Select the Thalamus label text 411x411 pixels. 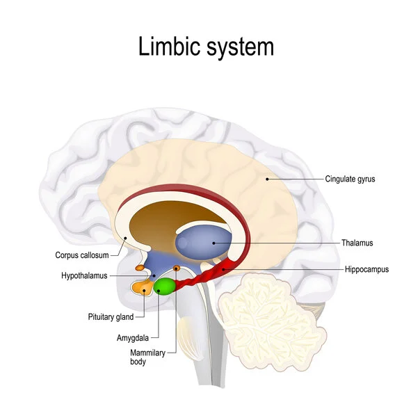coord(357,243)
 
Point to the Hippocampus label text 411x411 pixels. coord(366,268)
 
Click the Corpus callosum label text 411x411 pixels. coord(82,255)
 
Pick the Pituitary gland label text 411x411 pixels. coord(111,316)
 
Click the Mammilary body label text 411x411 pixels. coord(147,357)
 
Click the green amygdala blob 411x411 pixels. coord(165,286)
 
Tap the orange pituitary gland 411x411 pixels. coord(145,287)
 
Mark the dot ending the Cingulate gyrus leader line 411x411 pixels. coord(266,179)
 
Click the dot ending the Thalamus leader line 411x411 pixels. coord(213,243)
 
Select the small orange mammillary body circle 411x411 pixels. coord(177,268)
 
